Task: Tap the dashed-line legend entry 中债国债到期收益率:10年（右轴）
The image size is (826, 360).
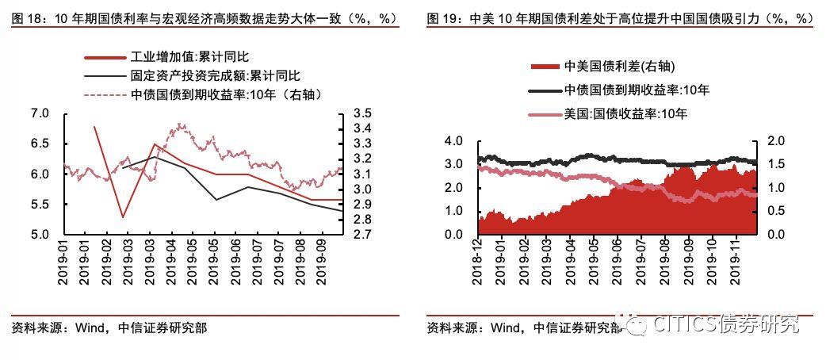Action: pyautogui.click(x=225, y=94)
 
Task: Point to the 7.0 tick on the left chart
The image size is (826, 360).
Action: pyautogui.click(x=39, y=114)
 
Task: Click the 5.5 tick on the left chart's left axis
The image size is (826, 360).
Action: pyautogui.click(x=39, y=205)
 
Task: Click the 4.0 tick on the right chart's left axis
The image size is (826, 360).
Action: pyautogui.click(x=453, y=141)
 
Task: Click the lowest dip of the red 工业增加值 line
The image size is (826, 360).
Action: pyautogui.click(x=123, y=216)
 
